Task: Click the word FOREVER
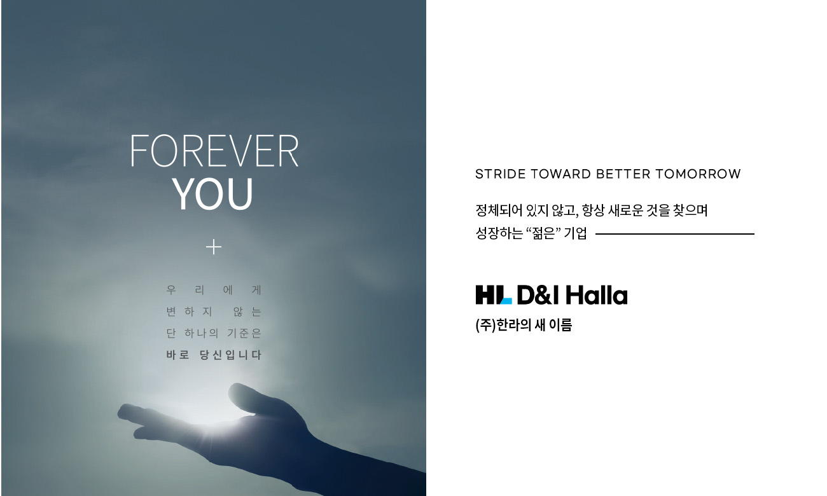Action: pyautogui.click(x=214, y=151)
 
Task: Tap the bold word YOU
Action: pyautogui.click(x=212, y=194)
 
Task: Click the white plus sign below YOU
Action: pyautogui.click(x=214, y=247)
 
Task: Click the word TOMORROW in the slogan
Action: pyautogui.click(x=698, y=174)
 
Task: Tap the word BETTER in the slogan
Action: pyautogui.click(x=623, y=174)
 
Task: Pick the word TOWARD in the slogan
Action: pyautogui.click(x=561, y=174)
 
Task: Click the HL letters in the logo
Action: pyautogui.click(x=494, y=294)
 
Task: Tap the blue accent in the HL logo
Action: pyautogui.click(x=506, y=301)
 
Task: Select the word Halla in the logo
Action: pyautogui.click(x=597, y=295)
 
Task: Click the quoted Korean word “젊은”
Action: pyautogui.click(x=543, y=233)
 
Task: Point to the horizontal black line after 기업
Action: pyautogui.click(x=675, y=233)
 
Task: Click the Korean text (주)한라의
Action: pyautogui.click(x=503, y=325)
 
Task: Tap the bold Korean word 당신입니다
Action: pyautogui.click(x=230, y=355)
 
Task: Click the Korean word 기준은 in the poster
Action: pyautogui.click(x=244, y=333)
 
